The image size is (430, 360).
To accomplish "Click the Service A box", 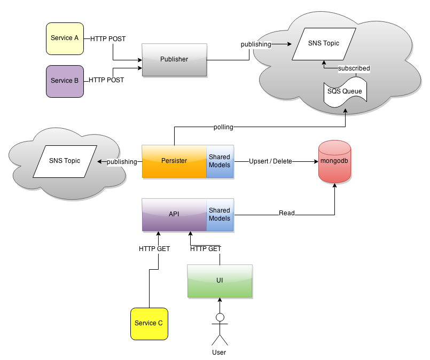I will click(x=65, y=38).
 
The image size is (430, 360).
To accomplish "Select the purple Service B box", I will click(x=65, y=81).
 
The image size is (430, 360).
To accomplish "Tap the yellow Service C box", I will click(x=149, y=324).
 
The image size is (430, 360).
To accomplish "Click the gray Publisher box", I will click(x=174, y=60).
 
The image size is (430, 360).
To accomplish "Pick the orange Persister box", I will click(x=174, y=161).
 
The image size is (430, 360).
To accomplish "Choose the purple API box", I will click(x=174, y=215).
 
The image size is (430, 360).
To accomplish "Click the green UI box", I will click(x=220, y=280).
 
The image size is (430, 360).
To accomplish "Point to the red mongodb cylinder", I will click(x=334, y=161).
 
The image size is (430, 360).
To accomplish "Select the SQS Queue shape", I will click(x=345, y=92).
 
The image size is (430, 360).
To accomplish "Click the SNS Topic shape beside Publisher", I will click(x=324, y=44).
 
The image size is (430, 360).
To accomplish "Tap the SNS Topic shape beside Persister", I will click(x=64, y=161).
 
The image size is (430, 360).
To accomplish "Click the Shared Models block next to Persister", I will click(x=220, y=161).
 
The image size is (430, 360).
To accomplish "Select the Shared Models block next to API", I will click(x=220, y=215).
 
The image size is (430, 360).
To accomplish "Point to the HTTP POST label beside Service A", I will click(x=107, y=39).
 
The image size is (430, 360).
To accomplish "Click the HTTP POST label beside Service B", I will click(x=106, y=80).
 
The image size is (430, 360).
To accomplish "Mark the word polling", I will click(x=223, y=128).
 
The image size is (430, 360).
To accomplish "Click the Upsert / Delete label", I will click(x=270, y=161).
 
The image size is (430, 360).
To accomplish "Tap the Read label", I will click(x=287, y=213).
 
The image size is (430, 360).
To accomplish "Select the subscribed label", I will click(x=354, y=68).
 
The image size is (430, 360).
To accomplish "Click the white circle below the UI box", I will click(x=220, y=317).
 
